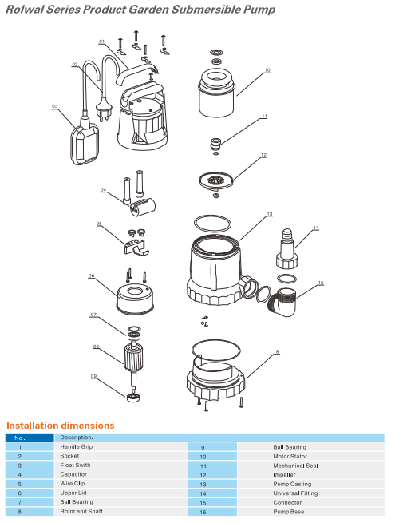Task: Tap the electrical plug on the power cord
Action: (x=104, y=109)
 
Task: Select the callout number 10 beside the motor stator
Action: (x=267, y=70)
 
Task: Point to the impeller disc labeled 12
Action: (x=216, y=180)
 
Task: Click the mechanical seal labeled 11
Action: (x=215, y=144)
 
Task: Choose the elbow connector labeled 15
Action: (x=283, y=302)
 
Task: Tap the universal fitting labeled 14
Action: (x=287, y=249)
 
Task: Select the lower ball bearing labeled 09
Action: (x=134, y=398)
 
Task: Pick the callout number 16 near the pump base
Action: (x=276, y=352)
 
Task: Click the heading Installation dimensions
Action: (x=61, y=426)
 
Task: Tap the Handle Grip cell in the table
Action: (x=77, y=446)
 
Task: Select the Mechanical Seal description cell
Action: (x=296, y=466)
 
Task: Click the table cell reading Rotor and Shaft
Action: (x=81, y=511)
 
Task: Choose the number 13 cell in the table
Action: (x=203, y=485)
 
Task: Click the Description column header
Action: (x=77, y=438)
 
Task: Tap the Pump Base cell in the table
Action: (x=289, y=512)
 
